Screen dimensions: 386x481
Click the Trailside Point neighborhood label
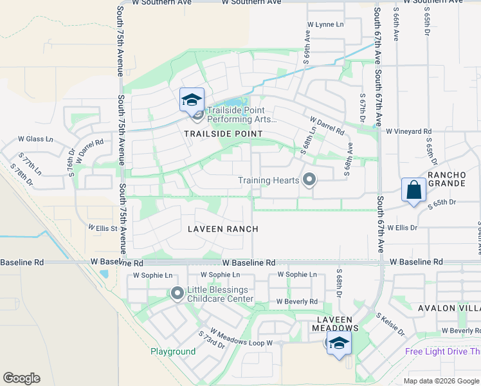coord(223,133)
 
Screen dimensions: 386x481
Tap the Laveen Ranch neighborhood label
coord(223,229)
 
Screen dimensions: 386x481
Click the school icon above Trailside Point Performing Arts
coord(192,100)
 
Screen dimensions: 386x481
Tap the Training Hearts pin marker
coord(309,179)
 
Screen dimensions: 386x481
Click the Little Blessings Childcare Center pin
coord(177,294)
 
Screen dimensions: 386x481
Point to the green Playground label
coord(173,352)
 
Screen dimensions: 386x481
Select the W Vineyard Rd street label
coord(409,131)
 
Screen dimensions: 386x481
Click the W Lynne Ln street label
coord(325,24)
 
